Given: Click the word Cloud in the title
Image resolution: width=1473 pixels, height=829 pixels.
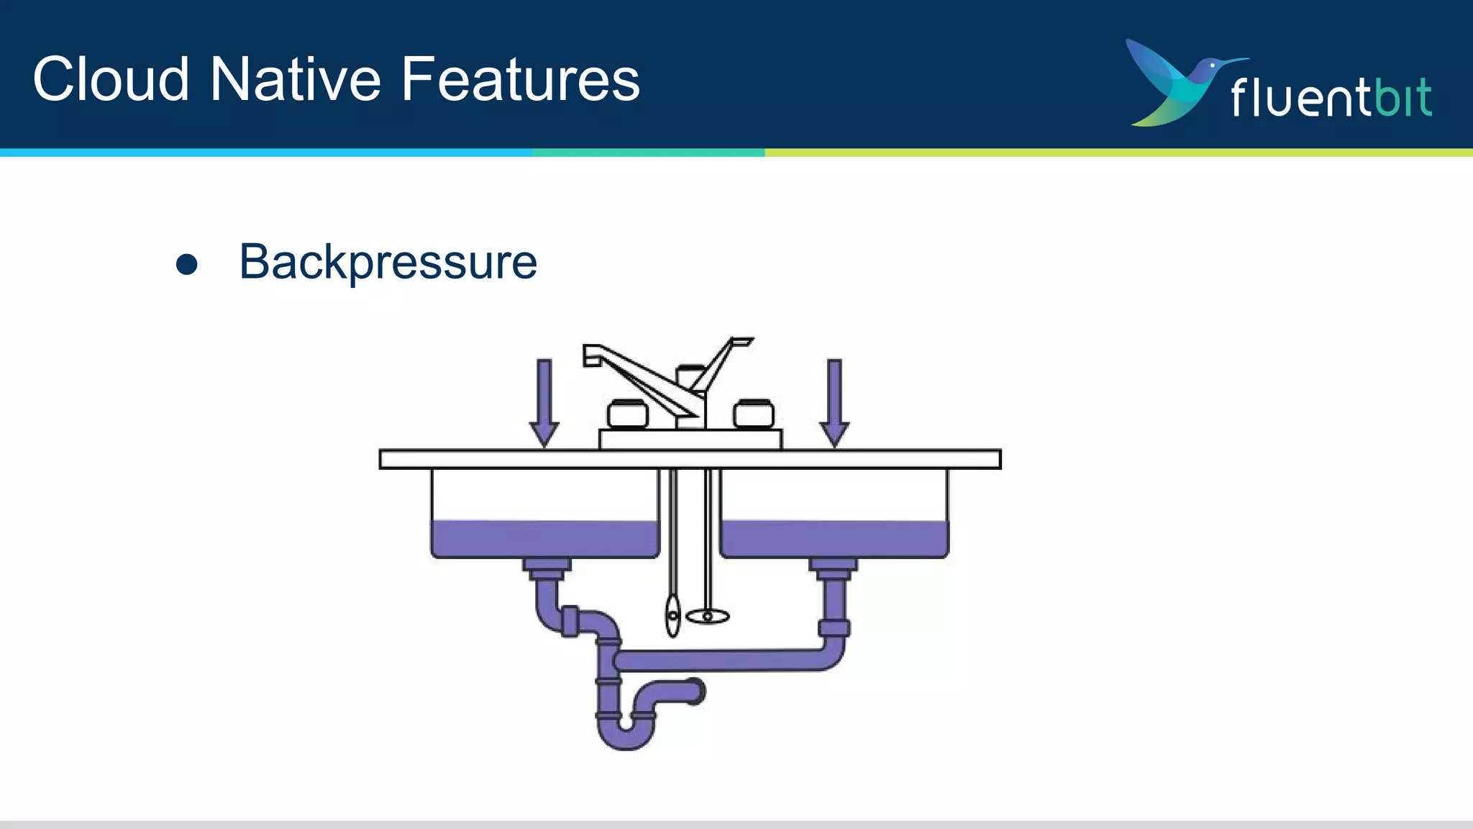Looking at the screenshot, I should [x=111, y=79].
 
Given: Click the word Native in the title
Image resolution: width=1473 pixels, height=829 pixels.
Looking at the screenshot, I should [x=295, y=79].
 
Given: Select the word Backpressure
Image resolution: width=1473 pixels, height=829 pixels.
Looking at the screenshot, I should [x=388, y=262].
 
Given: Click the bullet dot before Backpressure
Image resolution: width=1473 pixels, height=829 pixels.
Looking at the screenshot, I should [x=187, y=264].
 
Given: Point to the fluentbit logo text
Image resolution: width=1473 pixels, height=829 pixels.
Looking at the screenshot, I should [x=1331, y=97].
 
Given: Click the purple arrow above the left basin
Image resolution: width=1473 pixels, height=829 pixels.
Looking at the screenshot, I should [x=544, y=403].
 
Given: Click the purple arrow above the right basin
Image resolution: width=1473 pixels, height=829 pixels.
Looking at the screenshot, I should [x=834, y=403].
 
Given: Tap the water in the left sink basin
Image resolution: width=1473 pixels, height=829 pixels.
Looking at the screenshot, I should [x=544, y=538].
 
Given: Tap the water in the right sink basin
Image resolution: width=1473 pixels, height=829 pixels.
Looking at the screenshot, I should [x=834, y=538].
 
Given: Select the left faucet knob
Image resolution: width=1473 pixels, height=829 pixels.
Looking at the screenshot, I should [x=627, y=414].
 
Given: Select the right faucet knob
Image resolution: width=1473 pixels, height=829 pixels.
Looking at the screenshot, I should [x=754, y=414].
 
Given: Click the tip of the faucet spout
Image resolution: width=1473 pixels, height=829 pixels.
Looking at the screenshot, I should [x=592, y=355].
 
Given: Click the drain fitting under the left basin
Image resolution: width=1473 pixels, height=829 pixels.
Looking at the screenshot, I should [x=547, y=568].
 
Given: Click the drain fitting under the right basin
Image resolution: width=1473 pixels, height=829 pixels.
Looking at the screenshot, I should [x=834, y=568].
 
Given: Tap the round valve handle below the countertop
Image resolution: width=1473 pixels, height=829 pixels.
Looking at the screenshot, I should [x=708, y=617].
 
